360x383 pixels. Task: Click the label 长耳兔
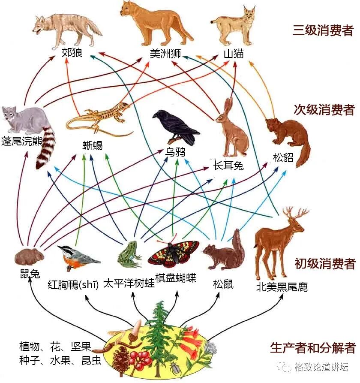228,165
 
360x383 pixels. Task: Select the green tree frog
129,253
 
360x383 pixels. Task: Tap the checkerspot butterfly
173,253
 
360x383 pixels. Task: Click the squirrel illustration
224,255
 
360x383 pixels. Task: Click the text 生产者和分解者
313,347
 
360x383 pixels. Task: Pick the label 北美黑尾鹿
282,286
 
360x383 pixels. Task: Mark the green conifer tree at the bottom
159,339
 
